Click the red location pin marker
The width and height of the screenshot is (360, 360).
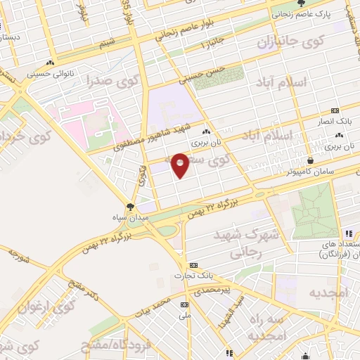pyautogui.click(x=180, y=165)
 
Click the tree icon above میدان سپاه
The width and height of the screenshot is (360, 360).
pyautogui.click(x=129, y=206)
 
